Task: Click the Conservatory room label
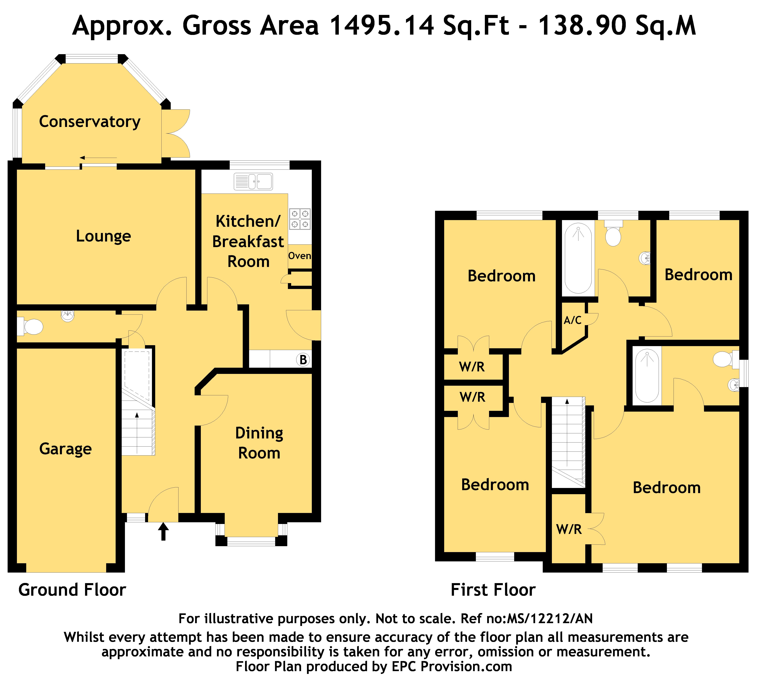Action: click(90, 122)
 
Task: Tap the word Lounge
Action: click(104, 236)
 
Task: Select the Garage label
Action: click(66, 449)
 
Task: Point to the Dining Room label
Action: click(259, 443)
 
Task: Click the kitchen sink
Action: click(253, 181)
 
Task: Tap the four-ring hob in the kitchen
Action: click(300, 219)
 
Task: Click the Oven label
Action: click(300, 256)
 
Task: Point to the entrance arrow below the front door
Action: click(163, 531)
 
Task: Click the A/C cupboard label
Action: click(573, 320)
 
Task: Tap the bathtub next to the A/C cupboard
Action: click(578, 258)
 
